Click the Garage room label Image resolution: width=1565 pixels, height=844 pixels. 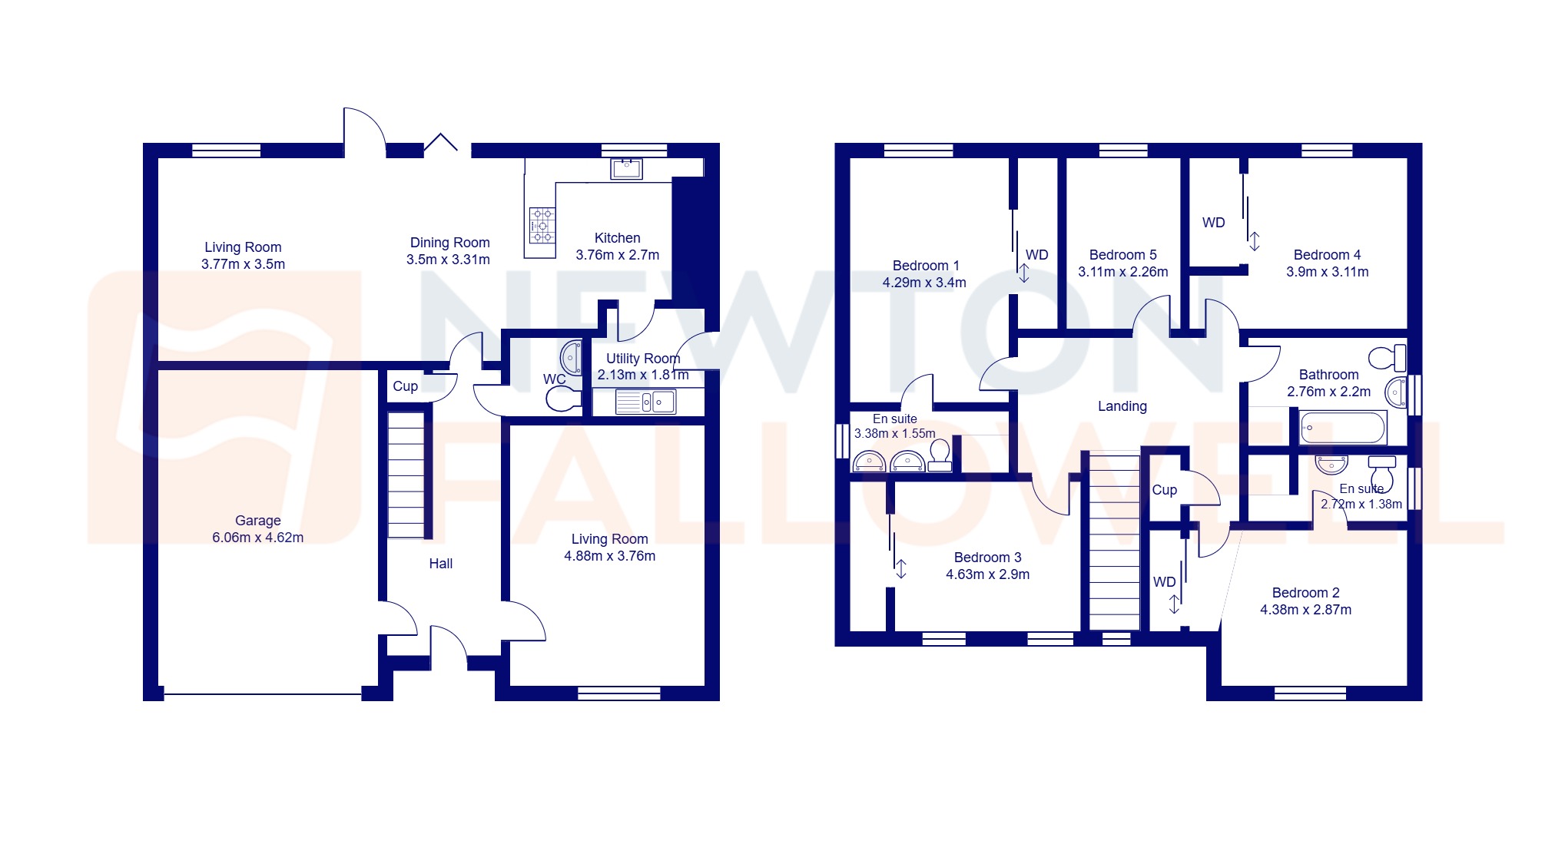[257, 521]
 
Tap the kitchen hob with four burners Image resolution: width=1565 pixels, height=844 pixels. [542, 225]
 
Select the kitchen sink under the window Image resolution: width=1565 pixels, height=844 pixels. [626, 168]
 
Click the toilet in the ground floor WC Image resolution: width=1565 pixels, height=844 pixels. [563, 399]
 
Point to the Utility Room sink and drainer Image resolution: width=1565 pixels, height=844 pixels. [645, 402]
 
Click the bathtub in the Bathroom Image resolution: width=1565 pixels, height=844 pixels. [1342, 427]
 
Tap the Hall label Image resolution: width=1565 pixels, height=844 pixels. [440, 564]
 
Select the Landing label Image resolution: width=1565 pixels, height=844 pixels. [1122, 406]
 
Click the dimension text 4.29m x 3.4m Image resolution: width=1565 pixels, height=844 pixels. [924, 283]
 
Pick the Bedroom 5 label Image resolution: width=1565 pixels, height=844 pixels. [1122, 255]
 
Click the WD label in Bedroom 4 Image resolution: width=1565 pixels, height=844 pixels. [1213, 223]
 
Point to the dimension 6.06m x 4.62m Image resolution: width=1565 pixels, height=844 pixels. [257, 538]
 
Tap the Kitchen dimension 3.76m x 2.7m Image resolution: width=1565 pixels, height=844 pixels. [617, 255]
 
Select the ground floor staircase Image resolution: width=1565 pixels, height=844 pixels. [406, 475]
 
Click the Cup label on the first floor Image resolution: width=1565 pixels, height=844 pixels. [1164, 490]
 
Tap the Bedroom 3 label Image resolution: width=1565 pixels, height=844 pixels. [987, 558]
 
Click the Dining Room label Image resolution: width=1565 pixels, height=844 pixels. [449, 243]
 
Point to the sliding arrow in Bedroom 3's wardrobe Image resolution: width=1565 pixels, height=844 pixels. [900, 568]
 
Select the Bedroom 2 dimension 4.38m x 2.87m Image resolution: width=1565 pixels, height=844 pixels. [1305, 610]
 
